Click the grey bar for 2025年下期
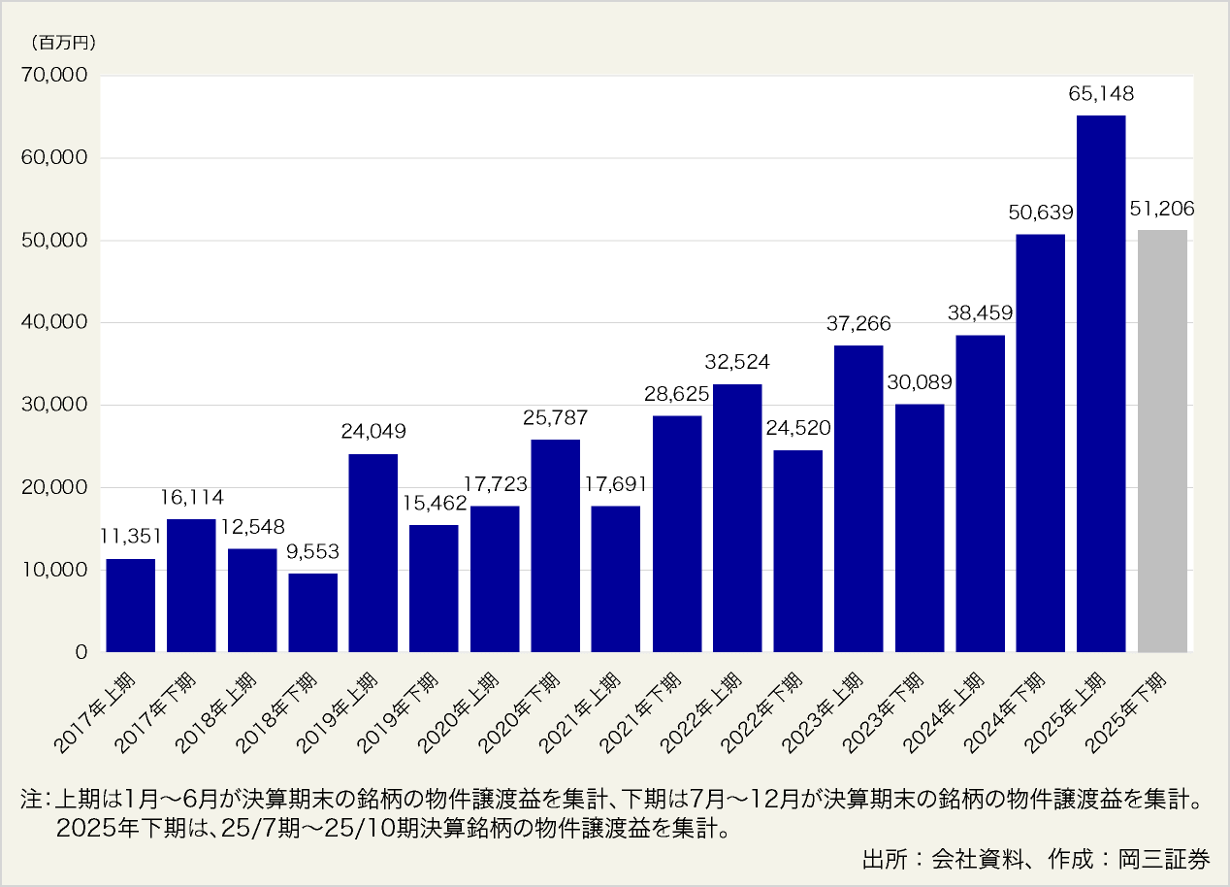[1162, 442]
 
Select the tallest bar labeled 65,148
[1101, 383]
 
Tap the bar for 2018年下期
[313, 612]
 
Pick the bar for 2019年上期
[373, 553]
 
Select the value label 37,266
[858, 324]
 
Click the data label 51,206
[1162, 208]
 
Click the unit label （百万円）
[63, 42]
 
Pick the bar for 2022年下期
[798, 551]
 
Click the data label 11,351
[130, 538]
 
